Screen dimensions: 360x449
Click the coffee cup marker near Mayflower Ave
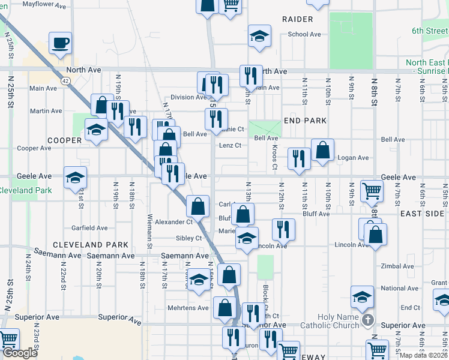tap(60, 43)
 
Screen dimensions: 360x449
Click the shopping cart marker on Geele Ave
tap(372, 191)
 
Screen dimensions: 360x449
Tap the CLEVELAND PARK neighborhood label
tap(91, 245)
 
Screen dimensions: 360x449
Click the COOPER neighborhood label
tap(64, 140)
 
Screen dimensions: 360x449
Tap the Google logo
tap(20, 353)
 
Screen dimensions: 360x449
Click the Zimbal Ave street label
tap(394, 266)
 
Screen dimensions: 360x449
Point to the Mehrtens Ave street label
tap(192, 308)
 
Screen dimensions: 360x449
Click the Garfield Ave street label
tap(89, 228)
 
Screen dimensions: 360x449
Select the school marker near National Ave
tap(362, 296)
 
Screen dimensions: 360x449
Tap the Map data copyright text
tap(423, 355)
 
